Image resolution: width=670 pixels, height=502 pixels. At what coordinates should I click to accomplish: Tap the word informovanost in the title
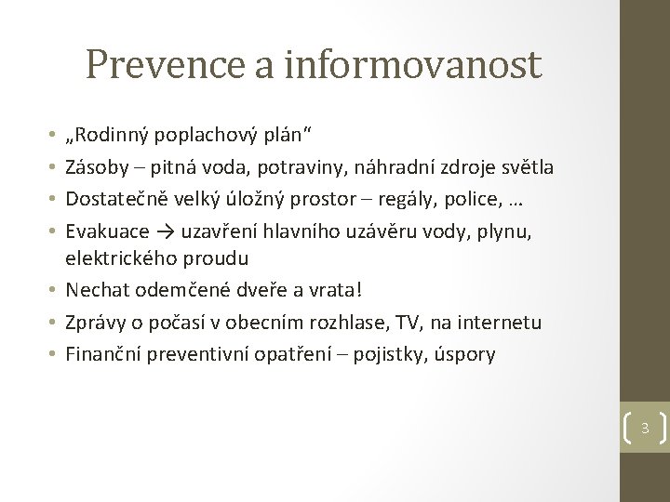413,64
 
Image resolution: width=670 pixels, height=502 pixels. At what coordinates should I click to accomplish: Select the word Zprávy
96,322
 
